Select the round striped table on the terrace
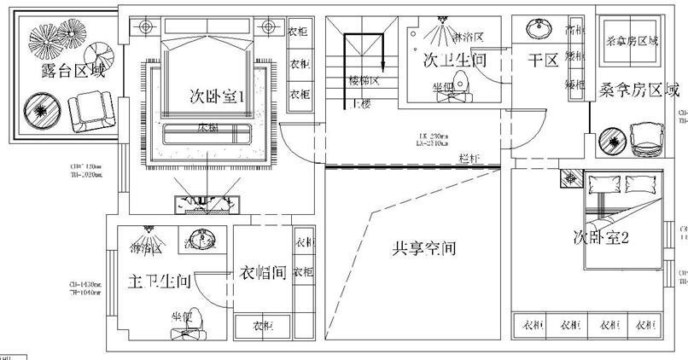click(39, 109)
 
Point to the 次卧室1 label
click(217, 96)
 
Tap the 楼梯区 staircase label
click(364, 81)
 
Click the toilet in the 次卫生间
click(461, 84)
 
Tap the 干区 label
click(543, 61)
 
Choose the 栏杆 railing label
click(466, 159)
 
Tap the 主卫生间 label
click(159, 281)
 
